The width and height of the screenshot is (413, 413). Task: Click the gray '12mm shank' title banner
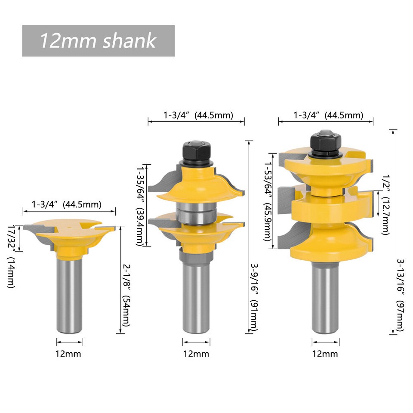(98, 41)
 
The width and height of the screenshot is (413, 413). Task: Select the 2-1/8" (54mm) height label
(125, 294)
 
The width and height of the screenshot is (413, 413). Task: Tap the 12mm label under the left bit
(69, 354)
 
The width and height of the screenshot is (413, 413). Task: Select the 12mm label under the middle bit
(196, 354)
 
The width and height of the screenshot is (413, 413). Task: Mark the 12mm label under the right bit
(325, 354)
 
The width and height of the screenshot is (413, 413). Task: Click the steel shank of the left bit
(69, 297)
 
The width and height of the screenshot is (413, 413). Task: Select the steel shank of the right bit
(325, 297)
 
